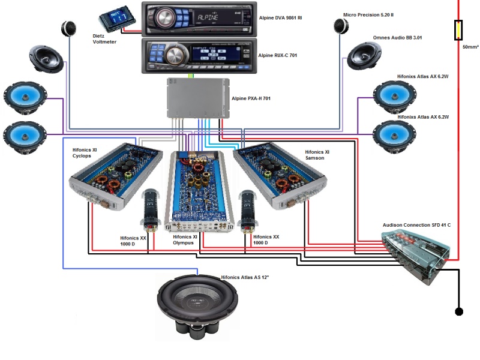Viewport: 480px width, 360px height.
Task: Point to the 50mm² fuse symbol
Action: [x=459, y=29]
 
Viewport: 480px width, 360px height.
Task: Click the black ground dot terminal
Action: [x=459, y=311]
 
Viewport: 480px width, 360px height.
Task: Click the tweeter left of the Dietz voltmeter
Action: [x=68, y=28]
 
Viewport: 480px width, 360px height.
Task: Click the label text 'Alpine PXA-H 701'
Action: [x=251, y=98]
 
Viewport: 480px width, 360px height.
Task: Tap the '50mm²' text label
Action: [x=470, y=46]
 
